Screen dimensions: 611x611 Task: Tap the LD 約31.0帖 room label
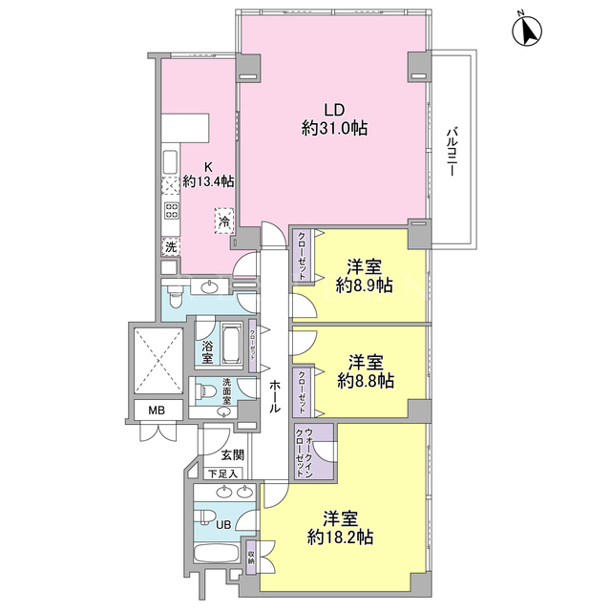coord(334,118)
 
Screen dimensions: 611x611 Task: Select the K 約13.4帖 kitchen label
coord(208,174)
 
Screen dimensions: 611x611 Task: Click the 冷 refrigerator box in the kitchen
coord(224,221)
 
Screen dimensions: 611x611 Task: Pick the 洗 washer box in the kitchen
coord(171,246)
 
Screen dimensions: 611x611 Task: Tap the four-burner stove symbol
coord(171,211)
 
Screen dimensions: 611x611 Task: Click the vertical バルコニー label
coord(452,152)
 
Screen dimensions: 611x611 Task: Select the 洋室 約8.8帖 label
coord(365,371)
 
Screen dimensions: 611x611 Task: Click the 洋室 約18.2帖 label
coord(340,528)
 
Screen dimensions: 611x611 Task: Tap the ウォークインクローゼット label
coord(305,453)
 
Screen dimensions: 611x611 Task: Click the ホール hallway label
coord(275,396)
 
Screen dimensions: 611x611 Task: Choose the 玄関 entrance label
coord(233,454)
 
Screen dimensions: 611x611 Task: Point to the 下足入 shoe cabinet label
coord(222,474)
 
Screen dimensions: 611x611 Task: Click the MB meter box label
coord(157,410)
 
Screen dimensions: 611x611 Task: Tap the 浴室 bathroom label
coord(207,352)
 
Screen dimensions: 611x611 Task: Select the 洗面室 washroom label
coord(227,391)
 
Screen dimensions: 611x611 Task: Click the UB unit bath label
coord(223,525)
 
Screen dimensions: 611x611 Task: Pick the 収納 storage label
coord(251,558)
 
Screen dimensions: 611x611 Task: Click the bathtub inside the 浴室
coord(232,344)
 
